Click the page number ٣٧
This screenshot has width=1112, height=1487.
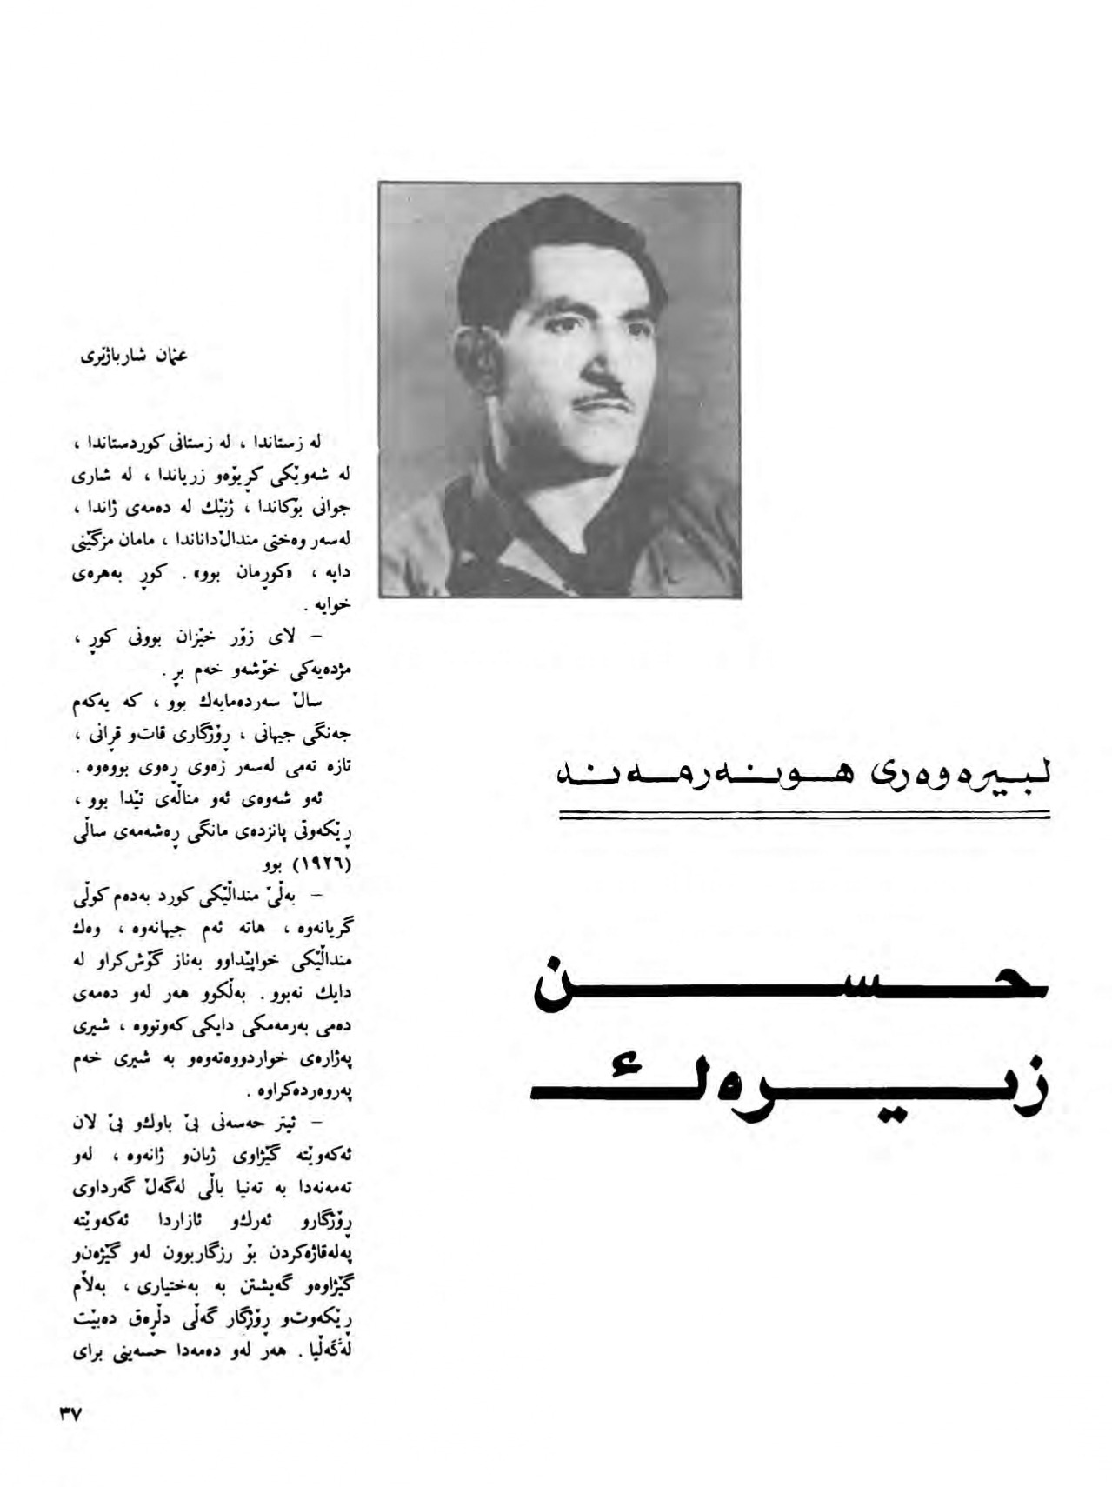[x=70, y=1415]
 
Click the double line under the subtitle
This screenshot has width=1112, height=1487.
[x=803, y=815]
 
